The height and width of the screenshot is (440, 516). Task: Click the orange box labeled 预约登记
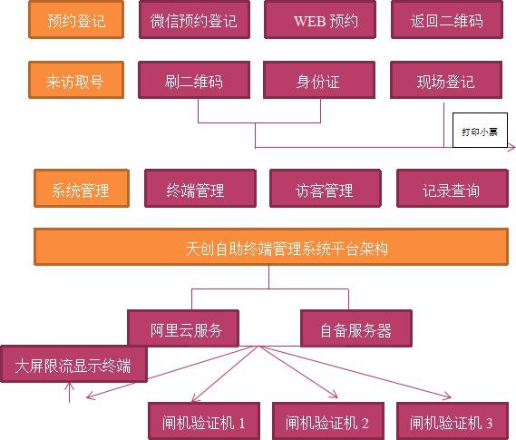click(x=76, y=20)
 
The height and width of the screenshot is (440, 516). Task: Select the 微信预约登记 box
click(x=194, y=20)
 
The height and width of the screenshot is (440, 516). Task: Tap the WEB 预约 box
click(x=320, y=20)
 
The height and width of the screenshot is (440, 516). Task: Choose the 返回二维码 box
click(x=447, y=20)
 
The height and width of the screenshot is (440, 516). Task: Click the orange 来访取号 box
click(x=76, y=80)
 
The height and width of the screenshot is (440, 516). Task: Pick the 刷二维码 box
click(x=194, y=80)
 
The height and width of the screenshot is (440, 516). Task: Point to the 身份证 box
click(x=319, y=80)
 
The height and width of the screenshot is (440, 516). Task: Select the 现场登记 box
click(x=446, y=80)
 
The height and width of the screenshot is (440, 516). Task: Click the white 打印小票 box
click(x=480, y=131)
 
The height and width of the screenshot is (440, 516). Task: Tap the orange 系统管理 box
click(x=82, y=188)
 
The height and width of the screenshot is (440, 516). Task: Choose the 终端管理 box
click(x=200, y=188)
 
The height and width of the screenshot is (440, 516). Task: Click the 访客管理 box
click(x=326, y=188)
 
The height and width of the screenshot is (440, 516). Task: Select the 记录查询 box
click(x=453, y=188)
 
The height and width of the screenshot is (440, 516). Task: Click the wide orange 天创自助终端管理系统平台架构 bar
click(x=271, y=247)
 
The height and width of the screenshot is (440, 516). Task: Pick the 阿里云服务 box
click(x=183, y=328)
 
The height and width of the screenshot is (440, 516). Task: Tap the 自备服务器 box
click(x=356, y=328)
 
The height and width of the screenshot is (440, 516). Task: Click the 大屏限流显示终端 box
click(x=73, y=364)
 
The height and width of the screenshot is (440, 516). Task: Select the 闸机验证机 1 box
click(x=204, y=421)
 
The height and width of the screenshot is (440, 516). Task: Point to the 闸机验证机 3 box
click(x=453, y=421)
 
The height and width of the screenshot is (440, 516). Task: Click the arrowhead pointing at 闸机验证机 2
click(x=335, y=395)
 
